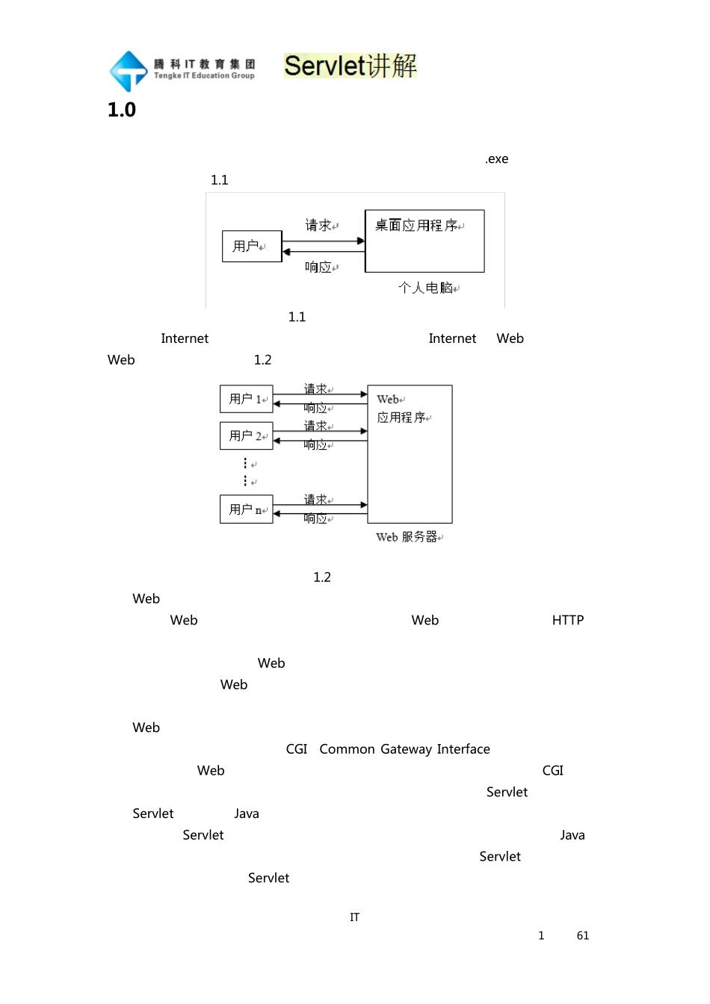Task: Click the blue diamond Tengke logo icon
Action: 129,71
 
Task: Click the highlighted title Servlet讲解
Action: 351,66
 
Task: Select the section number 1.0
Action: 122,111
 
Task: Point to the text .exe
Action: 497,159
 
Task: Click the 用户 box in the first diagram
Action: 252,247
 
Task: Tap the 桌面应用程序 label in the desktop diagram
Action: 416,226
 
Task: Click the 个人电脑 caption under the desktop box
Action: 426,288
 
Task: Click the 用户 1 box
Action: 246,399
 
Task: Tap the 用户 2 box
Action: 246,436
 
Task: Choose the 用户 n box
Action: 246,509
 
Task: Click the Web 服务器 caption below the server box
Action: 408,537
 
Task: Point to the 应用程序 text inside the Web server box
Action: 401,418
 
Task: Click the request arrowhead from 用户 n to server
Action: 363,505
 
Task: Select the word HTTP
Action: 568,621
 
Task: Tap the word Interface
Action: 463,749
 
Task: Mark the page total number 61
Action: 583,936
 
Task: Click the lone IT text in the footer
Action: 355,917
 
